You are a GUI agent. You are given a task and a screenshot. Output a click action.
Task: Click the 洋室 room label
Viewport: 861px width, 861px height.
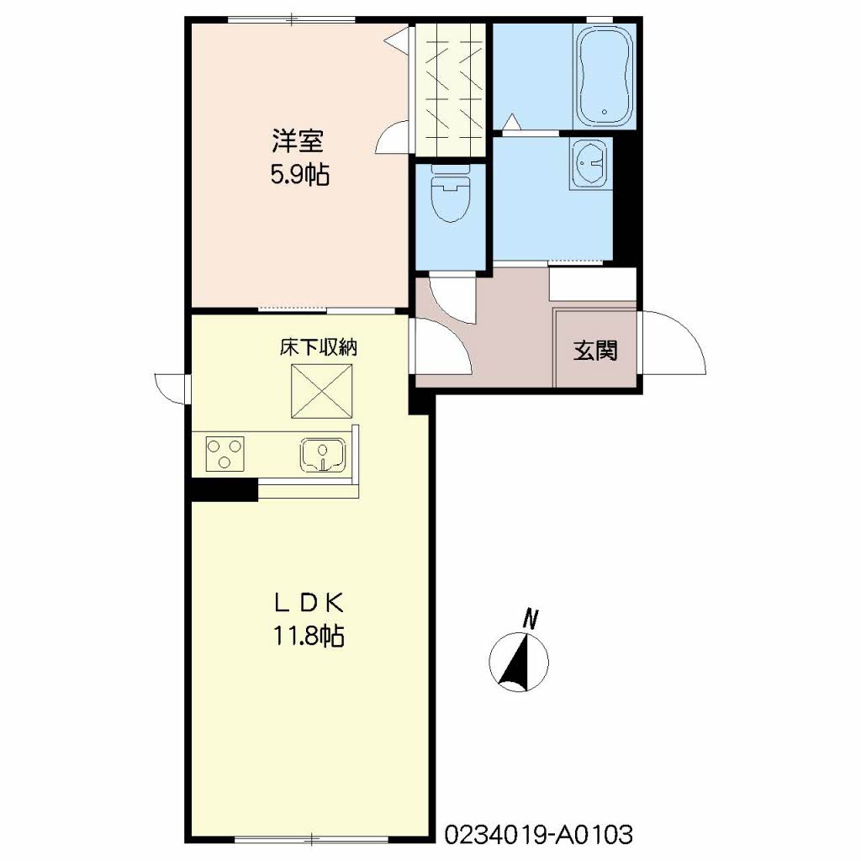pos(298,141)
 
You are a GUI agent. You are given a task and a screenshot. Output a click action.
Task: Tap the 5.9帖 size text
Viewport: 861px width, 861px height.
pos(300,175)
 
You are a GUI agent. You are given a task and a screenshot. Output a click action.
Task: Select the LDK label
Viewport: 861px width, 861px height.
pos(309,604)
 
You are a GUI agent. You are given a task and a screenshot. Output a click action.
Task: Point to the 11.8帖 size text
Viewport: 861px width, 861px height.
pos(309,637)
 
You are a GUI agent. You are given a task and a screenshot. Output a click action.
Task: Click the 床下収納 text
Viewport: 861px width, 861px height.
pos(319,347)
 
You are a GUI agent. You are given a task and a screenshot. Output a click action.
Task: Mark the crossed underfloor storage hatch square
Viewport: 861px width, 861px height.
pos(322,391)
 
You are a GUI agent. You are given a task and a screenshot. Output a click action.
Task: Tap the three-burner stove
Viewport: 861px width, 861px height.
pos(225,453)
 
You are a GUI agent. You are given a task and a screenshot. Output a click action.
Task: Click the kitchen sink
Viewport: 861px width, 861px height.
pos(323,456)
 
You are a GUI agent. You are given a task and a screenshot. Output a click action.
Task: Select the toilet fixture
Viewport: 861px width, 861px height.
pos(452,193)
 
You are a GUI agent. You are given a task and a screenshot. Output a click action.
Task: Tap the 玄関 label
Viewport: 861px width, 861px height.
pos(596,351)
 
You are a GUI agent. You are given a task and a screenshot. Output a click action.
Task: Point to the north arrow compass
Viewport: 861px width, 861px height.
pos(519,662)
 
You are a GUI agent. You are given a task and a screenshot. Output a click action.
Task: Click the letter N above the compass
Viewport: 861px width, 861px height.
pos(530,618)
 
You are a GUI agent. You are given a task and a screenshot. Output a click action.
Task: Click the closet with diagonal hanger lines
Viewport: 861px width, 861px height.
pos(451,89)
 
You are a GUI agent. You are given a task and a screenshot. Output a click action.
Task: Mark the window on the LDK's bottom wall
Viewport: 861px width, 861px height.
pos(311,839)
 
